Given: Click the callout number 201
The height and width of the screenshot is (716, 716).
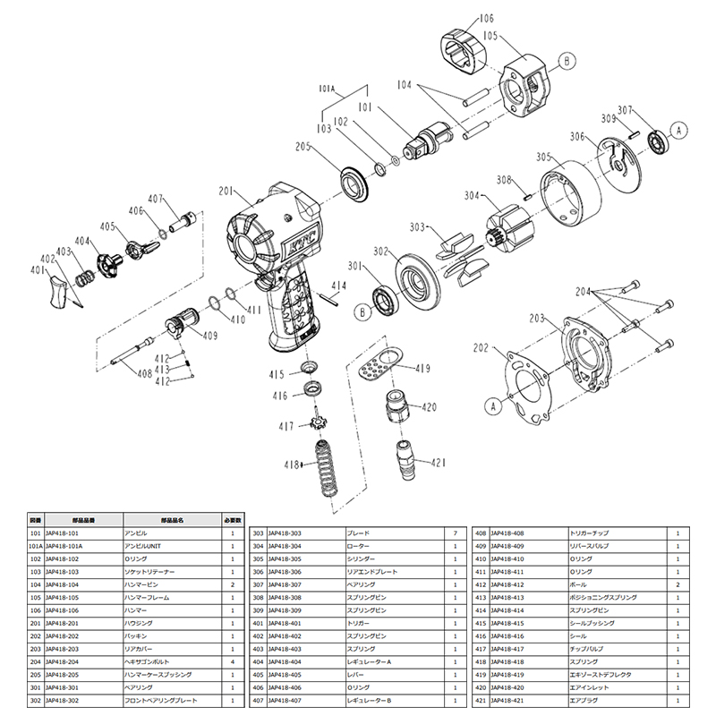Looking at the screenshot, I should (x=224, y=190).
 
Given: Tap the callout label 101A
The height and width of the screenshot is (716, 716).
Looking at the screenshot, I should (x=327, y=89).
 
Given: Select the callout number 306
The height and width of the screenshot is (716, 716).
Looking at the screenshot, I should (x=577, y=137).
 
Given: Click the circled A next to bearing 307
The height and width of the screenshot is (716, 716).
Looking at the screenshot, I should (x=678, y=130).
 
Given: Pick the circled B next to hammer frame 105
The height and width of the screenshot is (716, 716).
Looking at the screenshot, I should (x=566, y=61).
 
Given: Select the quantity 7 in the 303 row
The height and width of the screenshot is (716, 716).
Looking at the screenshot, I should (x=456, y=533).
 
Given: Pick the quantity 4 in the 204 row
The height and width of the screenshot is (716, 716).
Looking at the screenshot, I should (x=232, y=661).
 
